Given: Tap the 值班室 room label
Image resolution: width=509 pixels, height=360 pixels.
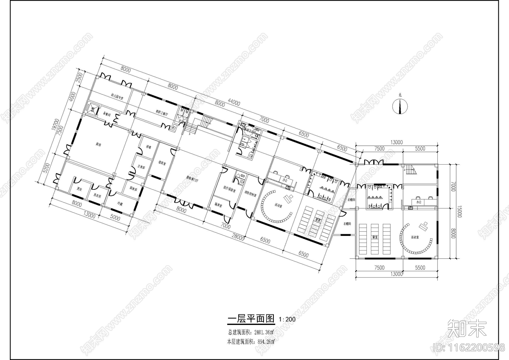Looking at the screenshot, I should [x=162, y=163].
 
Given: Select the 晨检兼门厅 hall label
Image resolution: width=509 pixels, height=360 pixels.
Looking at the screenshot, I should [x=192, y=180].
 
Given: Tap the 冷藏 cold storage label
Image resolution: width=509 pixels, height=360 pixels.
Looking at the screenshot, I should [x=120, y=203].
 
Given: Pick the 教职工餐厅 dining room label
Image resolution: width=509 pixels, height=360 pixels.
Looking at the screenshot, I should [x=162, y=112].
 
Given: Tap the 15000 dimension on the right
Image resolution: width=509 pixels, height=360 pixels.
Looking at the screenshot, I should [x=459, y=210].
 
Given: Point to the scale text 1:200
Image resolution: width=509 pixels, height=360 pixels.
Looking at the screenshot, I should [x=287, y=319].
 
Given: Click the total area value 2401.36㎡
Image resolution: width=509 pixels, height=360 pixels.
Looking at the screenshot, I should [x=264, y=333].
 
